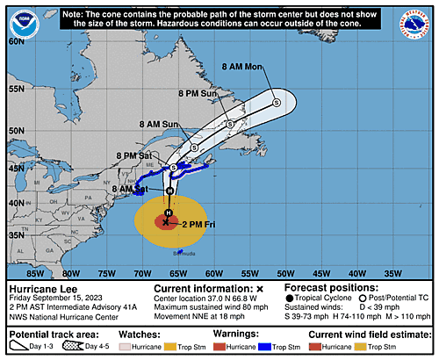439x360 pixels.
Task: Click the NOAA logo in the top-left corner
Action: pos(18,18)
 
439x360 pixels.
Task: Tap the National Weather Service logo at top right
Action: pos(420,18)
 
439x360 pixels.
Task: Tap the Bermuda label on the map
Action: pos(185,252)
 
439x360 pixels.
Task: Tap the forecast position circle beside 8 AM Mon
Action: pos(277,103)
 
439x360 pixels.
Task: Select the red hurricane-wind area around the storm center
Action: pos(166,221)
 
